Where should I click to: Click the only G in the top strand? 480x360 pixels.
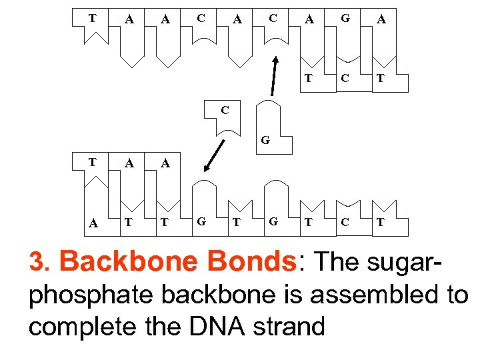coord(345,19)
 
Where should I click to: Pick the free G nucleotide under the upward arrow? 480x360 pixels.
coord(265,140)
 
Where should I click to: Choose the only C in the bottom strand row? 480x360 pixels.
coord(345,222)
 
